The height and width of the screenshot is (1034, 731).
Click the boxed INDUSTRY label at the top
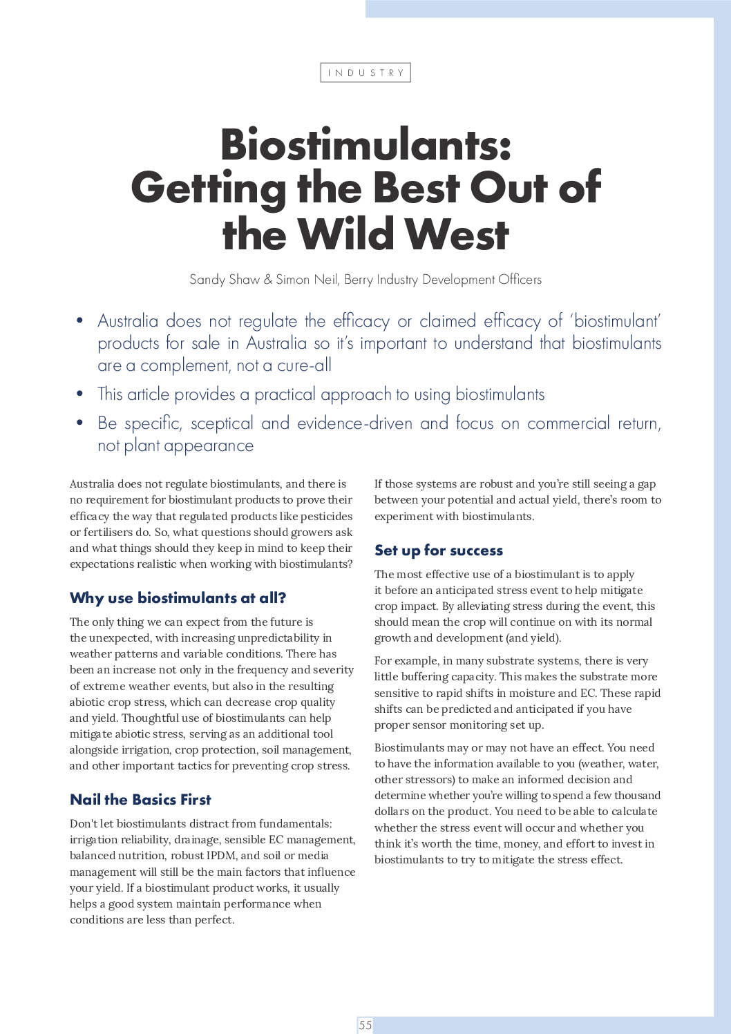(x=365, y=73)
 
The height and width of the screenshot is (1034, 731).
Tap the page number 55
(x=365, y=1025)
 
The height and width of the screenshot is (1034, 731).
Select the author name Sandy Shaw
(x=225, y=280)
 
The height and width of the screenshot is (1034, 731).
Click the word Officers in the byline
(x=520, y=280)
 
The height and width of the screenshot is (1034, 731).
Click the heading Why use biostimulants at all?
(x=178, y=598)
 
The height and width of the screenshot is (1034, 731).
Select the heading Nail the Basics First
(x=140, y=800)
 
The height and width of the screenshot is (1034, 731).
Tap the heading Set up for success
(x=439, y=550)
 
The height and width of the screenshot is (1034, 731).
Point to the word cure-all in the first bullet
(x=304, y=365)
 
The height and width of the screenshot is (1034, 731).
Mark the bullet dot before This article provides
(x=80, y=394)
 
